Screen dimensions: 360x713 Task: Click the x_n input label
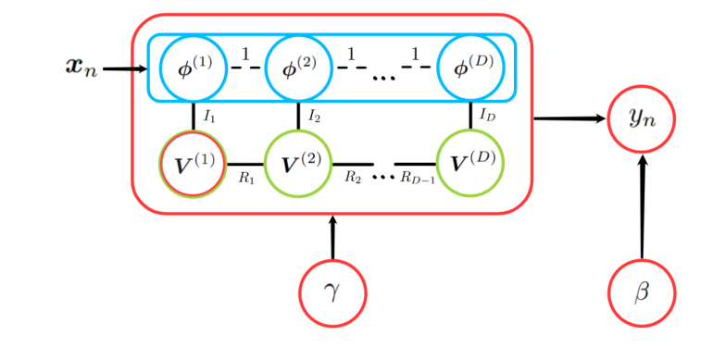(81, 68)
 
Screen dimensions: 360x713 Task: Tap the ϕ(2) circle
(298, 68)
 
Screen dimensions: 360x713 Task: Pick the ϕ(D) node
(471, 68)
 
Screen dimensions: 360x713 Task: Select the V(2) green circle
(298, 163)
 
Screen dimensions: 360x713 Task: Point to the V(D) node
(471, 163)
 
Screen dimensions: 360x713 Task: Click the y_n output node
(642, 118)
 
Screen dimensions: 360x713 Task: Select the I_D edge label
(488, 116)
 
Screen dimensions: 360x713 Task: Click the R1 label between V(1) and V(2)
(246, 179)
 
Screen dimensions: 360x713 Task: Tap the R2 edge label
(353, 177)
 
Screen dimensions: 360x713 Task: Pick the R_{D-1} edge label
(418, 179)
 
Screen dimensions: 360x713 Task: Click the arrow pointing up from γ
(332, 238)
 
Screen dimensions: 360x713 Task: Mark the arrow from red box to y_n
(569, 118)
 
